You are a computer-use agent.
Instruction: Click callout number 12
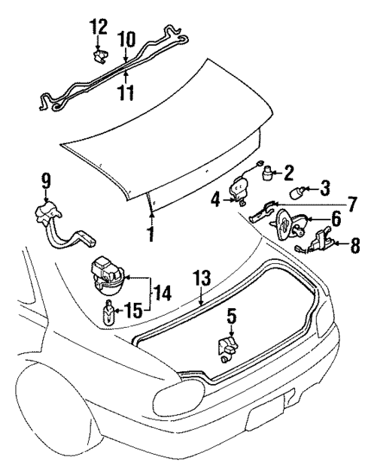[98, 28]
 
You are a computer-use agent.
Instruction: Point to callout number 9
[45, 180]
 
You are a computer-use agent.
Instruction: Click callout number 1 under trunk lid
[151, 234]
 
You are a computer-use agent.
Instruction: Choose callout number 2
[289, 174]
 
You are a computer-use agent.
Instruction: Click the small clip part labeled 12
[99, 55]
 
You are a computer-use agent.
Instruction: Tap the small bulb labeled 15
[109, 310]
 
